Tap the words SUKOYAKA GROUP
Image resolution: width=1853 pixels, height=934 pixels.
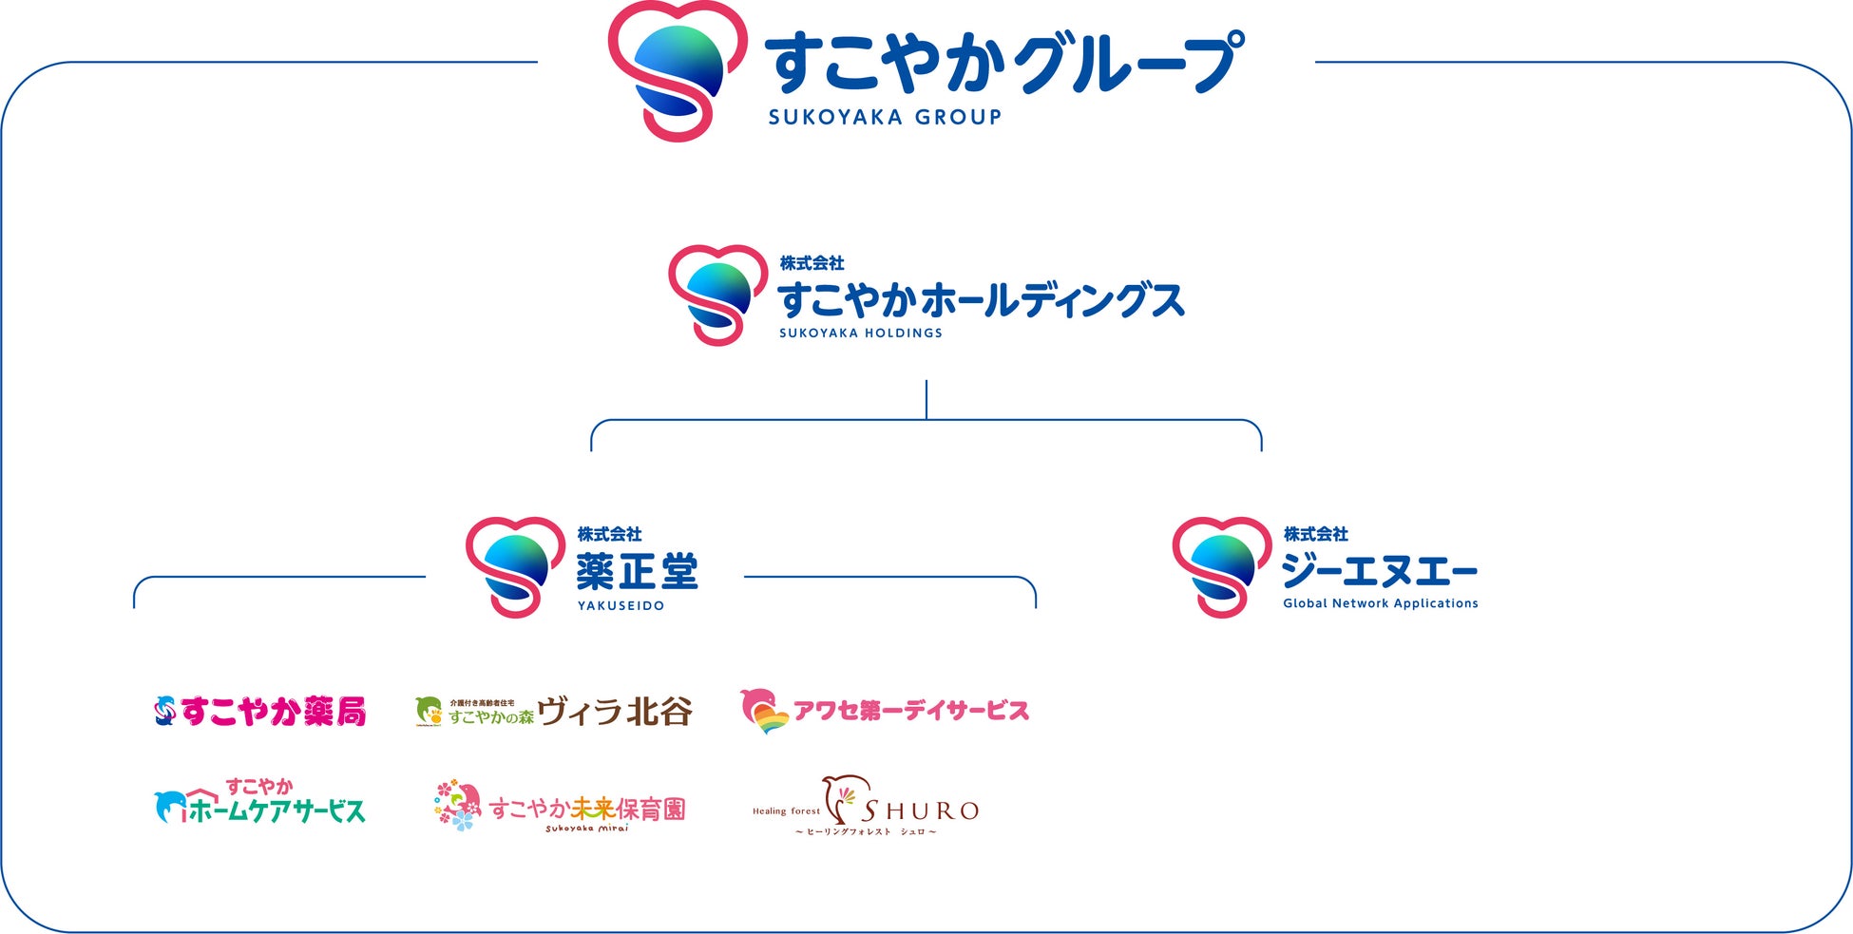pos(885,118)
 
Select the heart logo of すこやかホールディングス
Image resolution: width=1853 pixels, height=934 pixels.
pos(717,295)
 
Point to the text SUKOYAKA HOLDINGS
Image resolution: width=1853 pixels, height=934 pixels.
pos(861,334)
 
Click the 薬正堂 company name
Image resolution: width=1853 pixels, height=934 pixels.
pos(637,572)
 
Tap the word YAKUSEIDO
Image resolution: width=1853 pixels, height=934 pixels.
pos(621,606)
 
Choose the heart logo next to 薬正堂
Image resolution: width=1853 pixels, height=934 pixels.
pos(515,567)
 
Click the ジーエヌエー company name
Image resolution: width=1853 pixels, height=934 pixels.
pos(1380,572)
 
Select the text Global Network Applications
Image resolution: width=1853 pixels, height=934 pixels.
pos(1381,603)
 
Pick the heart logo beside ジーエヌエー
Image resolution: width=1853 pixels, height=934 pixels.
pos(1221,567)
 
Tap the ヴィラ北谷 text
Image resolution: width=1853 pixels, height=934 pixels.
pos(615,711)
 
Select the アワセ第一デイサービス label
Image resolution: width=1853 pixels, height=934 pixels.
pos(911,711)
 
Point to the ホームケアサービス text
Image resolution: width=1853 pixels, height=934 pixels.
pos(277,810)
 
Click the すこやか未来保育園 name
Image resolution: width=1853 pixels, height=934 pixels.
pos(587,809)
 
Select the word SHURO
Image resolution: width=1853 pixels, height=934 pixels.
pos(920,810)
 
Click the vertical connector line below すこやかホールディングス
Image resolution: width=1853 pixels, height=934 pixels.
pos(926,399)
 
